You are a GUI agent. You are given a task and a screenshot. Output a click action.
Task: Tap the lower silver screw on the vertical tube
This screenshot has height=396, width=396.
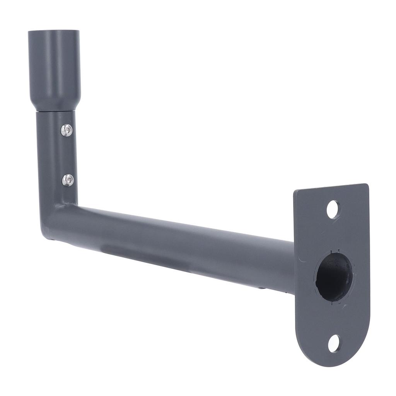[68, 179]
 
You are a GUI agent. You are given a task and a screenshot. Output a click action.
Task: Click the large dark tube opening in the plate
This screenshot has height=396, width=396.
[334, 276]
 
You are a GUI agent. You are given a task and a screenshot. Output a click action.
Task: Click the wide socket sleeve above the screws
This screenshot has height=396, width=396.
[54, 66]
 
